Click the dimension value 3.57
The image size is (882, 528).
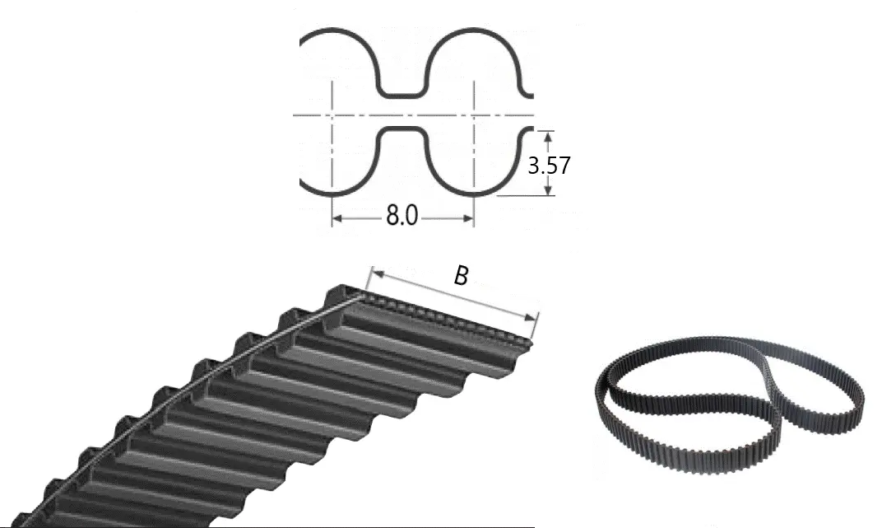(549, 166)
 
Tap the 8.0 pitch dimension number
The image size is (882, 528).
(402, 216)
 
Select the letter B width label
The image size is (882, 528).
(461, 275)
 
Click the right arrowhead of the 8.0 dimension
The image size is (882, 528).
(467, 218)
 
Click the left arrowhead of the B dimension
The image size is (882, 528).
(378, 274)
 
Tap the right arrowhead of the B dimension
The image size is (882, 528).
(531, 318)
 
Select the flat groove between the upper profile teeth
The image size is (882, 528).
(401, 95)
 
